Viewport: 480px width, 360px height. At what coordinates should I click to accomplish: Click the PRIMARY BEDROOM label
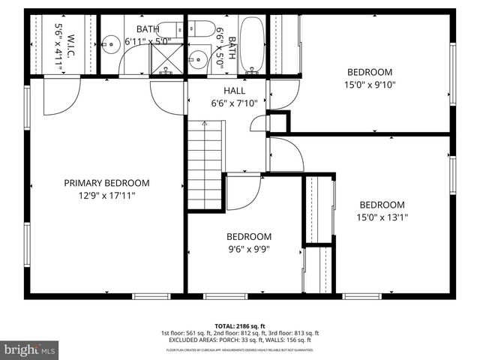point(106,183)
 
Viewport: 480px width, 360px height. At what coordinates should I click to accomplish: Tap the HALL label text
point(224,91)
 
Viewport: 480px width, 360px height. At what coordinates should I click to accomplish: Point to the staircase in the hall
point(205,164)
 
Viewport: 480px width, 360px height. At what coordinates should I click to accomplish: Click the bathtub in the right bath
point(252,44)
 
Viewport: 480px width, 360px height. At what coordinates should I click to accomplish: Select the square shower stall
point(163,58)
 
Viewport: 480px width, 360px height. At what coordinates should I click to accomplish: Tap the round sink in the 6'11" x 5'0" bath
point(109,44)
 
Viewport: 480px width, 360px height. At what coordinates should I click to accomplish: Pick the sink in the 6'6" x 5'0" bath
point(199,59)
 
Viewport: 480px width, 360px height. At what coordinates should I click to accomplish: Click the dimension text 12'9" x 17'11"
point(106,196)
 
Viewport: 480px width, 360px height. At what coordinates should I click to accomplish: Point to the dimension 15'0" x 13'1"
point(382,218)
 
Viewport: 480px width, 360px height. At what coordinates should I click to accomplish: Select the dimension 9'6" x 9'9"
point(248,249)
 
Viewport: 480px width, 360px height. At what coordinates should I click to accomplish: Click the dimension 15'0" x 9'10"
point(369,85)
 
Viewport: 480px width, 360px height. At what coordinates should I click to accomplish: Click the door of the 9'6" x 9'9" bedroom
point(241,190)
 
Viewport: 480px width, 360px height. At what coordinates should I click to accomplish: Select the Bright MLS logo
point(30,349)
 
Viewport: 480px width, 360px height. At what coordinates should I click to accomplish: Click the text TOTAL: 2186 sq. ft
point(240,326)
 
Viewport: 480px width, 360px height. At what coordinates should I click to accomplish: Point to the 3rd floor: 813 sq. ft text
point(295,333)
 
